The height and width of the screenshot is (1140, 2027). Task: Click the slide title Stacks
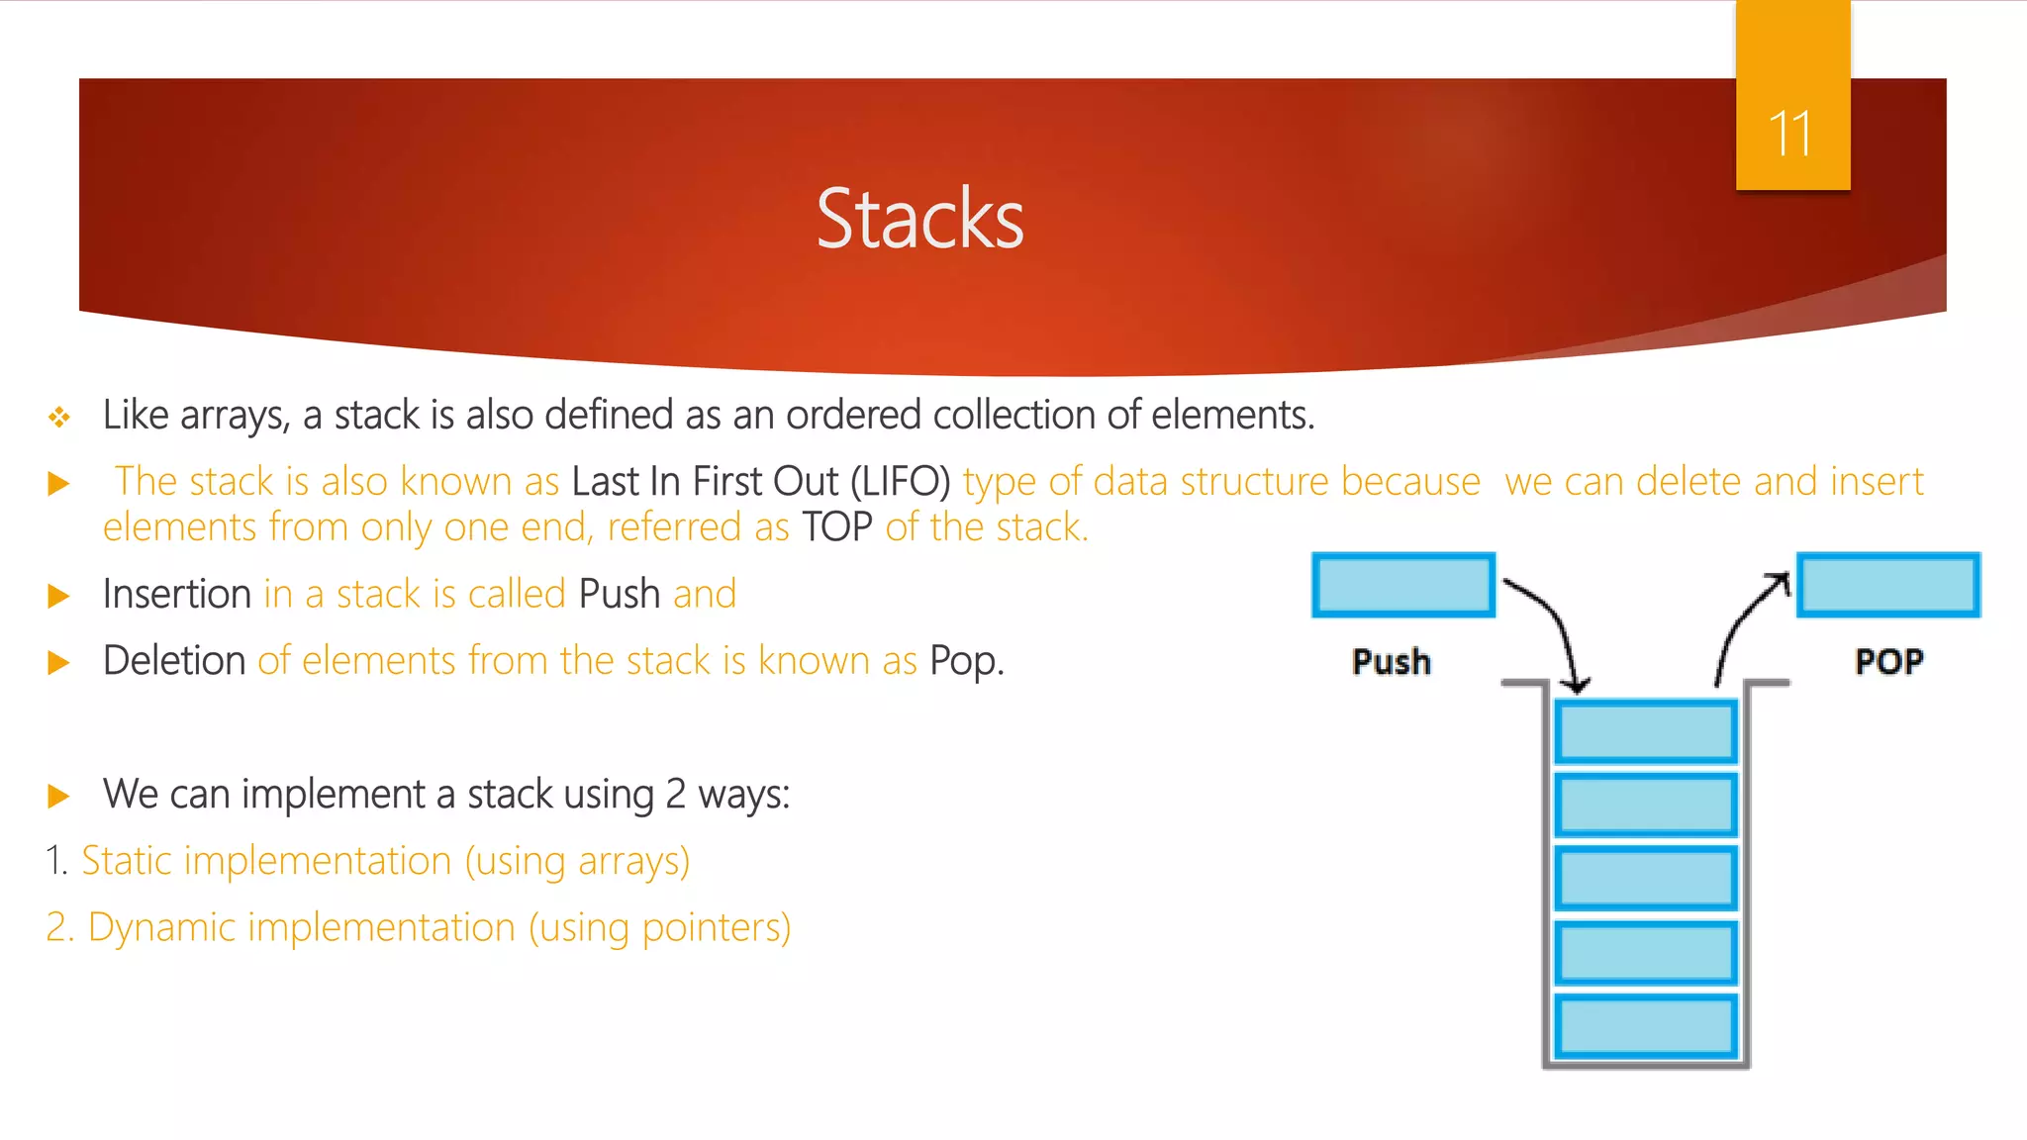point(919,219)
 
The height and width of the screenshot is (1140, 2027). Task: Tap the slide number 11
point(1790,134)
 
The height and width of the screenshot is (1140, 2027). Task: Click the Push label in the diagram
point(1392,661)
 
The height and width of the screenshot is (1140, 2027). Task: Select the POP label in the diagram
point(1888,661)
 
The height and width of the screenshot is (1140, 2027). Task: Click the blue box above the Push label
point(1403,585)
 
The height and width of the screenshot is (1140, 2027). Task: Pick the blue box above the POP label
point(1888,585)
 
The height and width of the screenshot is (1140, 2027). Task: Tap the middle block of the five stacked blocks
point(1646,878)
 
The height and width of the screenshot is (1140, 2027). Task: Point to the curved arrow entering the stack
point(1558,623)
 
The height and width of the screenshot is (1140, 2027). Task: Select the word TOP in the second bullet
point(837,527)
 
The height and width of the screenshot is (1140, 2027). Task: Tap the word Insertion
point(177,594)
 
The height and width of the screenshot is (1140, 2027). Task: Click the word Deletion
point(174,660)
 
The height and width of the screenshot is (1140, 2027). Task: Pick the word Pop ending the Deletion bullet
point(966,661)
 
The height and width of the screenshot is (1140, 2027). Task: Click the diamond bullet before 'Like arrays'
point(59,417)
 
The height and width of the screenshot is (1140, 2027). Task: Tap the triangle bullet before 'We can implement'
point(59,796)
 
